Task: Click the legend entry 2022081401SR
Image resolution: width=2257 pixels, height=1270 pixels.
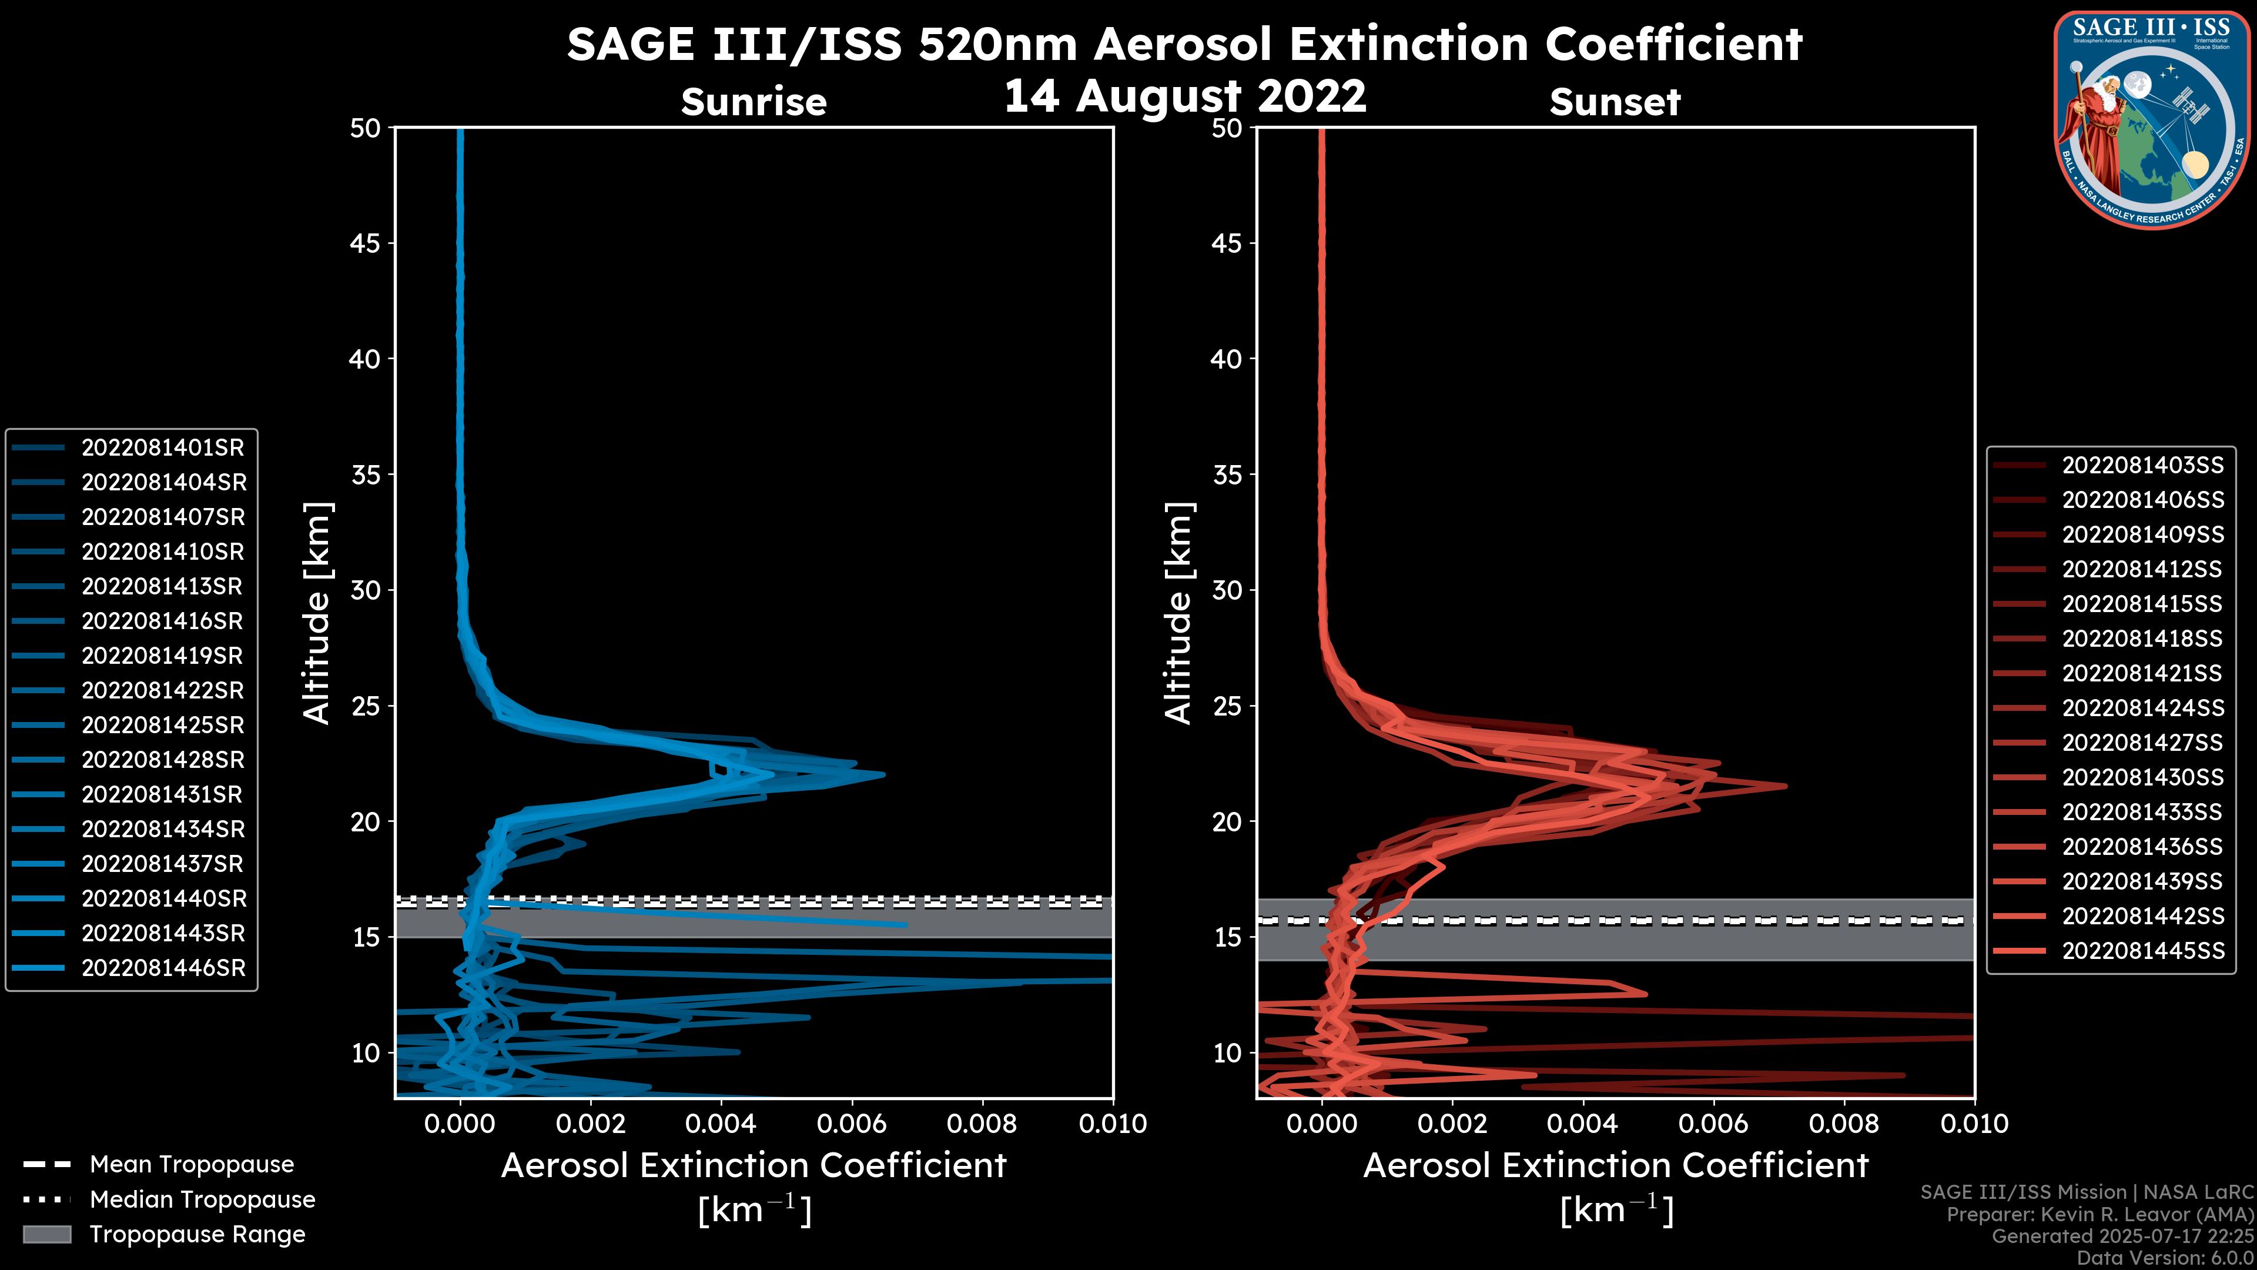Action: coord(162,448)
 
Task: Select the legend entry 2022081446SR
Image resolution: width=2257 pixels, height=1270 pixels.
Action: coord(163,968)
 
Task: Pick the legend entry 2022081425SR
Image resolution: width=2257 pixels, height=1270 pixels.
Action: coord(162,726)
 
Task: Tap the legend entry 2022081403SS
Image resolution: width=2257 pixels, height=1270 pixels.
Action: coord(2142,466)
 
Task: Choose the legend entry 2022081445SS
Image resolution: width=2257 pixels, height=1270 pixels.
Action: coord(2142,951)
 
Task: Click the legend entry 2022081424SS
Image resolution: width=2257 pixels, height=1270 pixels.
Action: coord(2142,708)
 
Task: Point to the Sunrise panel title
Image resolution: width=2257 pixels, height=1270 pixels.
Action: coord(754,102)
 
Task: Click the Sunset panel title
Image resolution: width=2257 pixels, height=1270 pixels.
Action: coord(1615,102)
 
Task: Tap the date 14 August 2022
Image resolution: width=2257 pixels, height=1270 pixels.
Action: coord(1184,96)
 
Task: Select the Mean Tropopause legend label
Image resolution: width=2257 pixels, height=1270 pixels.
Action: coord(191,1165)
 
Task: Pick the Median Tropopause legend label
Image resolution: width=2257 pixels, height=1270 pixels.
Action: coord(202,1200)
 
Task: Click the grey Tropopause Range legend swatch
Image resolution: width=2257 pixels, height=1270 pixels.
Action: coord(47,1235)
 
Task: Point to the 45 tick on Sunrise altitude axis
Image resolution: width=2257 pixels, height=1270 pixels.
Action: coord(366,243)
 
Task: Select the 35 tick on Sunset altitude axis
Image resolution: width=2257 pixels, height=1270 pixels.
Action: coord(1227,475)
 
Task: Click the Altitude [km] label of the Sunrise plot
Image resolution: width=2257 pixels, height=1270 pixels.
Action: coord(317,613)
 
